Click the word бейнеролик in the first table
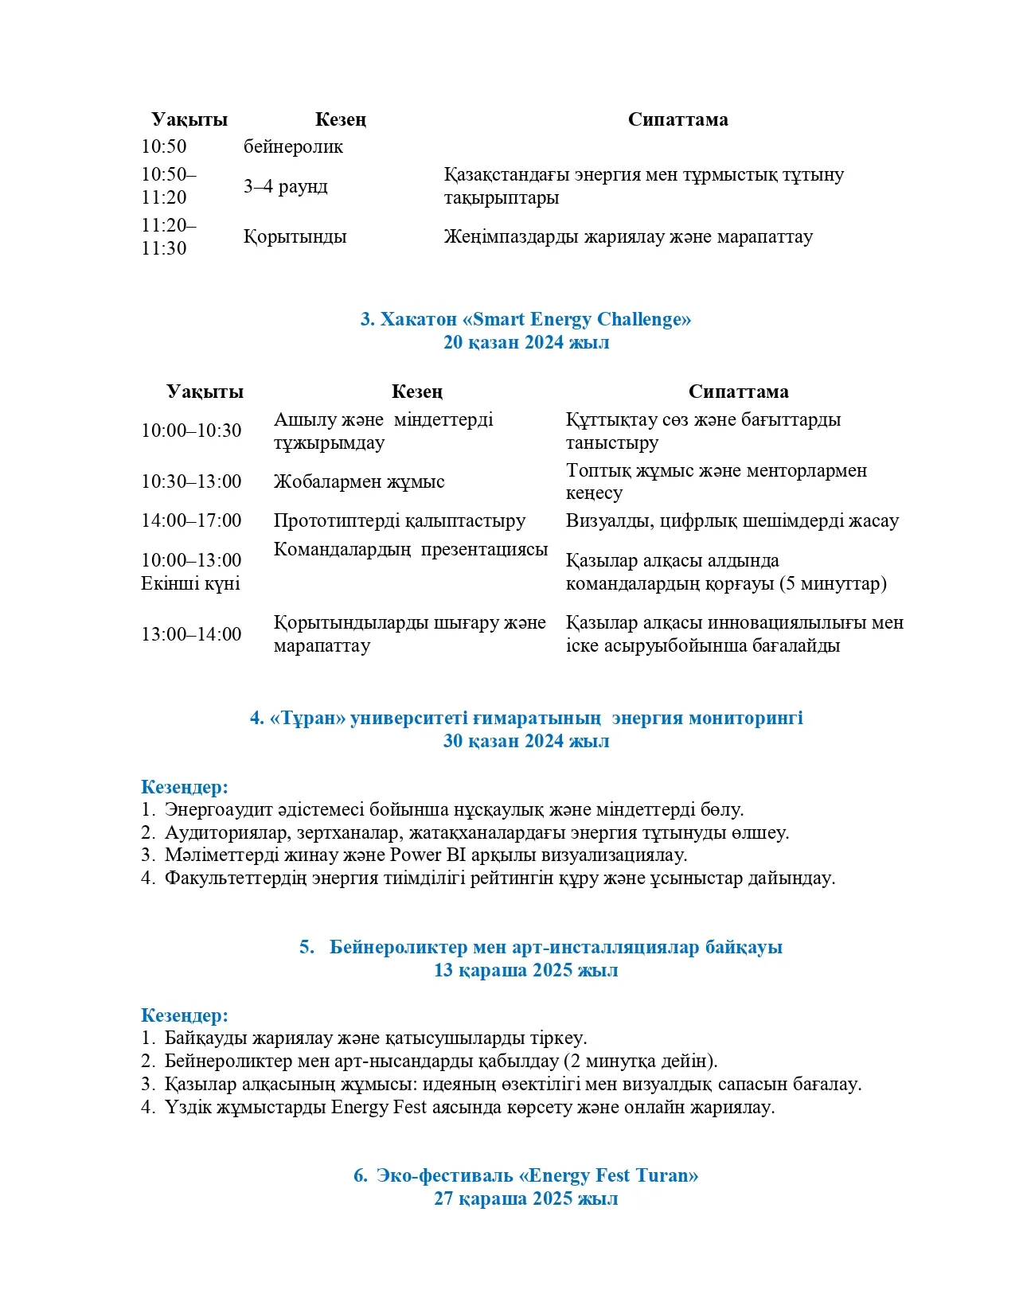coord(293,147)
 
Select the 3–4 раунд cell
coord(285,187)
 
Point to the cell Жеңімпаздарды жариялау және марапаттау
coord(628,237)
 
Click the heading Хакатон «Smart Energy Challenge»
coord(525,320)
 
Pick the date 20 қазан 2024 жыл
coord(525,343)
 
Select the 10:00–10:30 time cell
coord(191,431)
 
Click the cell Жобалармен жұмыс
coord(359,482)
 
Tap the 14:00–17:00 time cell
coord(191,521)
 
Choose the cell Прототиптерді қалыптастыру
coord(400,521)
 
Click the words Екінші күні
coord(190,584)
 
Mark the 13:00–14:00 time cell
coord(191,635)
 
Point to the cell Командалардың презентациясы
coord(411,550)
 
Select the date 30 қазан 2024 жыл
coord(525,742)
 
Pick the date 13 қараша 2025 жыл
coord(525,971)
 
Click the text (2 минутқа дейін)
coord(640,1062)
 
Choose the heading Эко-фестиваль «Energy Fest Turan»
coord(525,1176)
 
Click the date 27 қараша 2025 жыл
coord(525,1199)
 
